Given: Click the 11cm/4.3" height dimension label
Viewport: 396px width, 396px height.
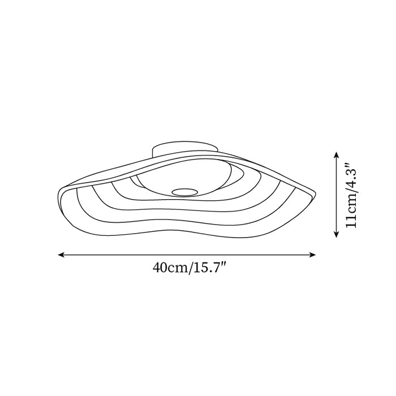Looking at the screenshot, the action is [x=351, y=195].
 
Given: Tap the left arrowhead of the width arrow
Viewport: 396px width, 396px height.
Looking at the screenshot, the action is [x=61, y=255].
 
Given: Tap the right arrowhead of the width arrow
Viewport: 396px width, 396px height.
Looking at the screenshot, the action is [x=313, y=255].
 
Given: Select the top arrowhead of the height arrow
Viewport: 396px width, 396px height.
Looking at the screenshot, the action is [x=336, y=154].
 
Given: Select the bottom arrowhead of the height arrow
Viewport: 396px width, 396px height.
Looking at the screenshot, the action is [x=336, y=234].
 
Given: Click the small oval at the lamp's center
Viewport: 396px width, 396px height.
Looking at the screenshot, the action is [x=184, y=192].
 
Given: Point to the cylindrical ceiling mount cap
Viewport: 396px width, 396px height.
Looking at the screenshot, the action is [x=185, y=149].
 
